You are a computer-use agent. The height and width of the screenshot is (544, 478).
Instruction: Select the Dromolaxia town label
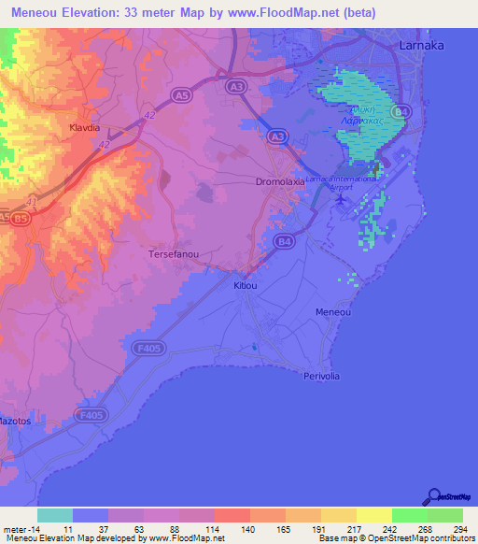pyautogui.click(x=280, y=183)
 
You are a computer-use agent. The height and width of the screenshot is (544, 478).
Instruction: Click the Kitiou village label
pyautogui.click(x=246, y=286)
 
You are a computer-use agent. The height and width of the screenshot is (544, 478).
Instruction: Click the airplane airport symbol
pyautogui.click(x=341, y=197)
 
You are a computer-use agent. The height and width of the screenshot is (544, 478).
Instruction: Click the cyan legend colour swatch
pyautogui.click(x=55, y=515)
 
